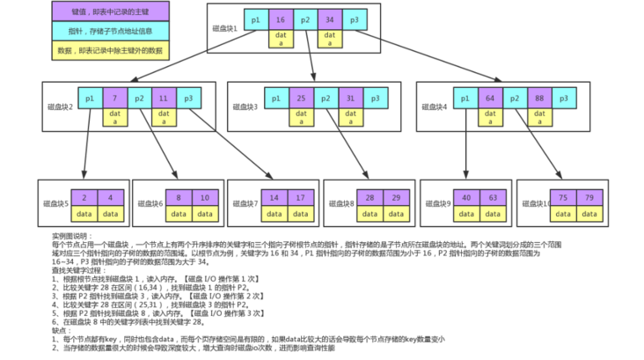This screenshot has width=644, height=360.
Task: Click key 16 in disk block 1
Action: pyautogui.click(x=280, y=18)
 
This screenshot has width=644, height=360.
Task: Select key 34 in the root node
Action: pyautogui.click(x=329, y=18)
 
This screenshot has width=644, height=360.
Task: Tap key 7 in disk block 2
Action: pyautogui.click(x=114, y=99)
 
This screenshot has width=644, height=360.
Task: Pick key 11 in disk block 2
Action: pyautogui.click(x=164, y=99)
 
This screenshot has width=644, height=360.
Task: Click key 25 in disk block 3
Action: pyautogui.click(x=300, y=99)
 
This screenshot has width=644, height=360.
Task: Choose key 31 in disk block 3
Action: pyautogui.click(x=349, y=99)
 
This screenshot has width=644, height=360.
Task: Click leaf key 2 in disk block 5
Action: pyautogui.click(x=84, y=197)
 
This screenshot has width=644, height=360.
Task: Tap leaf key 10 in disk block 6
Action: pyautogui.click(x=203, y=197)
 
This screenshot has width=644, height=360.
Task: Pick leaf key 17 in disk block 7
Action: pyautogui.click(x=301, y=197)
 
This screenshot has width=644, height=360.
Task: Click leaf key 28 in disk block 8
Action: pyautogui.click(x=370, y=197)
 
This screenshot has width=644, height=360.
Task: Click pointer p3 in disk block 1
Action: pyautogui.click(x=354, y=18)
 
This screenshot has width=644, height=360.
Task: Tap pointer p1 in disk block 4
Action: pyautogui.click(x=465, y=99)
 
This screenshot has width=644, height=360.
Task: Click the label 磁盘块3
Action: pyautogui.click(x=244, y=107)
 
